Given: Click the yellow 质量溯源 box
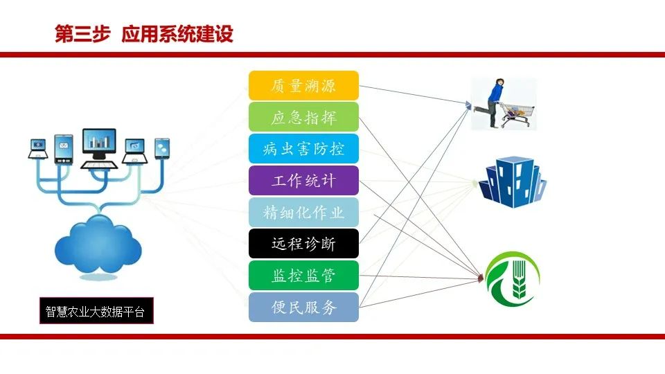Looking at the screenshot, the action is [x=303, y=86].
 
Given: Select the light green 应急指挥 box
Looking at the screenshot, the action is [x=303, y=117].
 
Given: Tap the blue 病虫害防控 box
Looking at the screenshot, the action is [x=303, y=149].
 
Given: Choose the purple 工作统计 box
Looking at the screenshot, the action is [x=303, y=181].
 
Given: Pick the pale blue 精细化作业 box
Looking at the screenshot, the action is [x=303, y=212].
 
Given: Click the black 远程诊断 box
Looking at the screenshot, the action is [x=303, y=244].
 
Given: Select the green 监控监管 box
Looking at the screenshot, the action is [x=303, y=276].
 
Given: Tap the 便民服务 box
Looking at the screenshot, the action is [x=303, y=307].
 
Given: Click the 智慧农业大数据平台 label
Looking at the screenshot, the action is [x=96, y=311].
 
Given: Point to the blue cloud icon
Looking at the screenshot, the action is [x=98, y=245].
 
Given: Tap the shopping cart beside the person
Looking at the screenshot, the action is [x=517, y=114].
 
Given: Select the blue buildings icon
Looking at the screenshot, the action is [x=513, y=182].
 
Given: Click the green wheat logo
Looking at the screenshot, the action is [x=513, y=279].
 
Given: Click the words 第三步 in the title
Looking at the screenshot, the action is [x=82, y=34].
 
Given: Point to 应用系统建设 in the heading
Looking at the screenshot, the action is [x=177, y=34].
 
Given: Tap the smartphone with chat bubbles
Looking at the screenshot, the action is [x=162, y=148].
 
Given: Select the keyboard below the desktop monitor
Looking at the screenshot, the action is [x=99, y=165].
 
